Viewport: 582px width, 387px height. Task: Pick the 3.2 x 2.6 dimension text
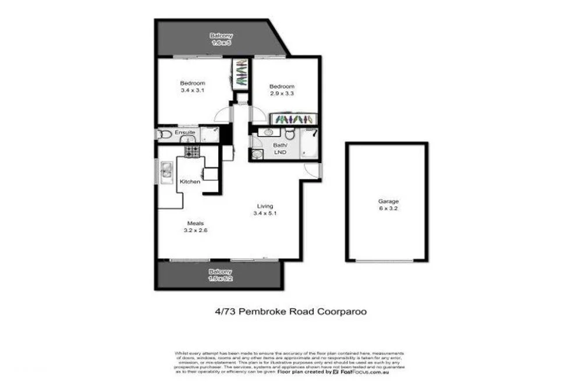coord(194,230)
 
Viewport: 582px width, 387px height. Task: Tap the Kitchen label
coord(190,182)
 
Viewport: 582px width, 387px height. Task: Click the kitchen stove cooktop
coord(192,152)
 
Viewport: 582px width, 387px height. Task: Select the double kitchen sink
coord(165,171)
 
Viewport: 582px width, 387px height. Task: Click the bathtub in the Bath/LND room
coord(308,144)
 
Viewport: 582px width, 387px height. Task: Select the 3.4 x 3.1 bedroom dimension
coord(192,90)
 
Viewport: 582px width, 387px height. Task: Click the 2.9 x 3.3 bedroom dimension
coord(282,93)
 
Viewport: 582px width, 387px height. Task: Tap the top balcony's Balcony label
coord(221,36)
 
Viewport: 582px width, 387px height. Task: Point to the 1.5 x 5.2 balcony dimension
coord(221,279)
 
